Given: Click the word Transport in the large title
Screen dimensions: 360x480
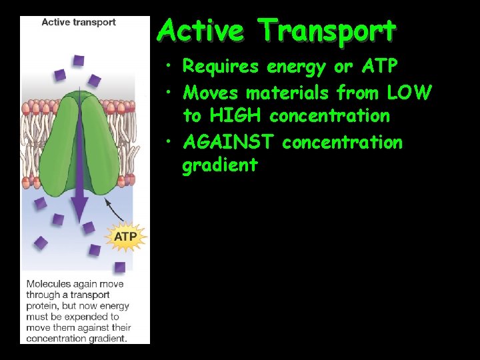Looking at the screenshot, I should (x=327, y=31).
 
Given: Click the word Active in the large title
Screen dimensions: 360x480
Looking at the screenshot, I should (x=203, y=31).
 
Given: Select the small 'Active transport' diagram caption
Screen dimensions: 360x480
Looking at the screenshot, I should (x=78, y=22).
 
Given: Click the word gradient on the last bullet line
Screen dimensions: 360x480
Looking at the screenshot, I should (x=219, y=166).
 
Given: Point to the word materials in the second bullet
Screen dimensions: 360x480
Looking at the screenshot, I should (x=287, y=91).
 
